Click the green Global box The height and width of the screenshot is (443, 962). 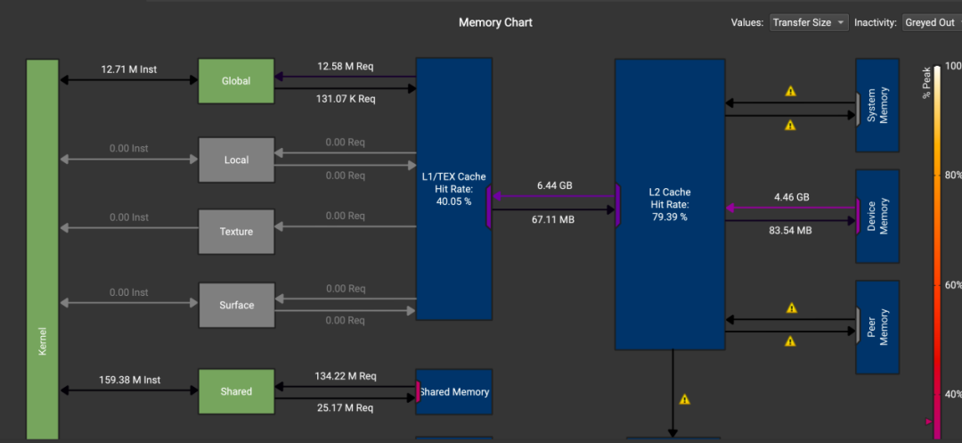click(x=236, y=81)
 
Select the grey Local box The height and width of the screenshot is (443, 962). click(x=236, y=160)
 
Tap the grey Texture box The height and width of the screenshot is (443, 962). click(x=236, y=232)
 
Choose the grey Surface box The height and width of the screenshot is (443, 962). click(x=236, y=305)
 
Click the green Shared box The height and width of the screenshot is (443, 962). click(x=236, y=391)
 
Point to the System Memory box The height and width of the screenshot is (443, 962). click(x=878, y=105)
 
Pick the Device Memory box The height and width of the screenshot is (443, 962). click(x=878, y=216)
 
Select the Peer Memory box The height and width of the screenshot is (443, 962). click(x=878, y=327)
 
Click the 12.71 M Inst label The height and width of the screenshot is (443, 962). click(x=129, y=70)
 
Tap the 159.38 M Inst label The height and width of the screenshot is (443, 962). click(x=129, y=380)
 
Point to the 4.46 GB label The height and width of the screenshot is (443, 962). click(x=790, y=197)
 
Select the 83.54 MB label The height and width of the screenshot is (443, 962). click(x=790, y=231)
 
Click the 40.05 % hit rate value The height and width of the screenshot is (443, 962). click(x=454, y=201)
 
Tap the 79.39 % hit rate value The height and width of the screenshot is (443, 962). click(x=669, y=216)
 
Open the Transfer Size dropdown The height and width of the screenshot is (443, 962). click(x=809, y=22)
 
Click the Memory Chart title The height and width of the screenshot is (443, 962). click(x=496, y=22)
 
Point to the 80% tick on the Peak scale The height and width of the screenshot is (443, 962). click(x=953, y=175)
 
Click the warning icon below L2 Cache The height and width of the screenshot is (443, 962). click(x=685, y=399)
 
